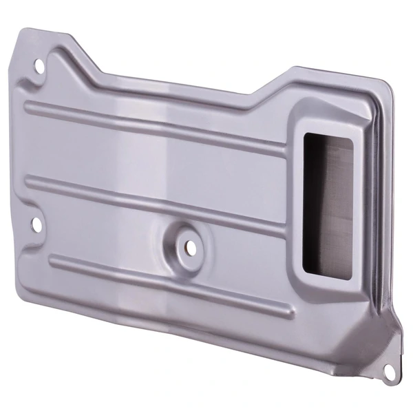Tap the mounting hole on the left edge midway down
(34, 223)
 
